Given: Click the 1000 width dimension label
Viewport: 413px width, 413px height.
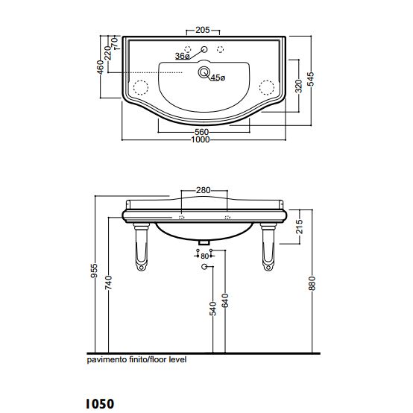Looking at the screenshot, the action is click(x=201, y=139).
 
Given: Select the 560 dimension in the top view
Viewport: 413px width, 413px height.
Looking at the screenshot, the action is click(x=202, y=132).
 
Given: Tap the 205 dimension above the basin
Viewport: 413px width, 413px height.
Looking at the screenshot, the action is click(x=203, y=30).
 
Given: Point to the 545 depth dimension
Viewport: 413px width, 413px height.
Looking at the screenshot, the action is click(x=311, y=79).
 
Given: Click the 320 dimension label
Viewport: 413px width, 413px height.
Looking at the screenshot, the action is click(x=298, y=86).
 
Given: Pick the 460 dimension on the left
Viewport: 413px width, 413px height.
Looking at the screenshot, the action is click(x=101, y=67).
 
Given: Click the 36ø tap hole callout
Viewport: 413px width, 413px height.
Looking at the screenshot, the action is click(x=182, y=56).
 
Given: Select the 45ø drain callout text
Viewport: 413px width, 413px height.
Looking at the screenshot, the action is click(x=218, y=78).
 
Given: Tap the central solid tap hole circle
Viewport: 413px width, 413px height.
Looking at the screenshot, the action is click(x=204, y=49).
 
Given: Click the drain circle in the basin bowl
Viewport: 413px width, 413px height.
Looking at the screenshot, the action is click(x=204, y=72).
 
